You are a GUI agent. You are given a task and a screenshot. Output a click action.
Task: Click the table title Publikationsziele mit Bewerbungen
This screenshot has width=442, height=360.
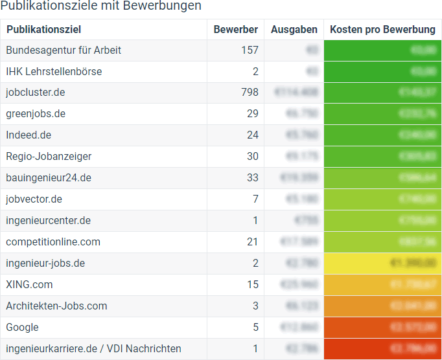click(100, 6)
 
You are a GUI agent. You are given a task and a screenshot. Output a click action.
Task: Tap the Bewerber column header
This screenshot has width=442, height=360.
click(236, 30)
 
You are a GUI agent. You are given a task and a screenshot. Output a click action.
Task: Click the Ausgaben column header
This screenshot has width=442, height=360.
click(294, 30)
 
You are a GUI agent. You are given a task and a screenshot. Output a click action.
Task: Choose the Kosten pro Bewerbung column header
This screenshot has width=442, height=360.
click(382, 30)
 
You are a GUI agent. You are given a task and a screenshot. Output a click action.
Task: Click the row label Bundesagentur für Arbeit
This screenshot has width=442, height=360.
click(64, 51)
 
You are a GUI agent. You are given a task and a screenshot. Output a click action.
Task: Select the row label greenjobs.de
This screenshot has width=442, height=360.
click(36, 114)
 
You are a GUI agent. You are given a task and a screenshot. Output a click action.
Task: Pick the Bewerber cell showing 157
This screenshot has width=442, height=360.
click(249, 51)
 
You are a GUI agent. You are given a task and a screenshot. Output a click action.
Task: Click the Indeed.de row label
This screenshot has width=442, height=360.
click(29, 135)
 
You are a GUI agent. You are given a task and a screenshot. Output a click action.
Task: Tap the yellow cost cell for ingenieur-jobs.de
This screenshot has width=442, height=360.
click(382, 264)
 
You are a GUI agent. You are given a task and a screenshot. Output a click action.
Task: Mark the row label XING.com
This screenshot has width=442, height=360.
click(29, 285)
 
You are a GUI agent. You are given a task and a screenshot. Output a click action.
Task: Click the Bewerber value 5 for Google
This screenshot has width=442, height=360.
click(255, 328)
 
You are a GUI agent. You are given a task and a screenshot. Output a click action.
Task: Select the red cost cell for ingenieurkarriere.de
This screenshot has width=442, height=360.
click(382, 349)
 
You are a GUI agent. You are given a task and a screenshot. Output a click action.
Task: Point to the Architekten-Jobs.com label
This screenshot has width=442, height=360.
click(56, 306)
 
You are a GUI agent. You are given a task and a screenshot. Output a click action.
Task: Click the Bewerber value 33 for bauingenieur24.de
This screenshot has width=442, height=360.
click(252, 178)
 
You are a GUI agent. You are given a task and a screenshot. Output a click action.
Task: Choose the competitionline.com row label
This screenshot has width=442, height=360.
click(53, 242)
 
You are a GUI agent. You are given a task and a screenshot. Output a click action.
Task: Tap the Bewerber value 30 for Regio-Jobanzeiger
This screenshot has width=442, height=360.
click(252, 157)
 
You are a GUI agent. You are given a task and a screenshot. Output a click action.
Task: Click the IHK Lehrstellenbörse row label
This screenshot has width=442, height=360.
click(54, 72)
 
